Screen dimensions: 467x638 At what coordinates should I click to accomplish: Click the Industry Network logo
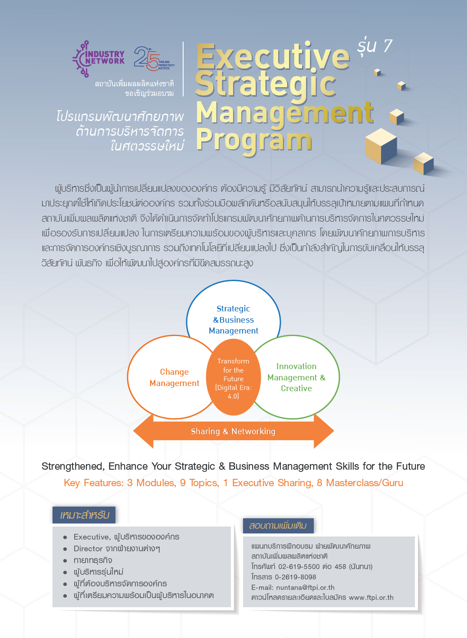[x=99, y=59]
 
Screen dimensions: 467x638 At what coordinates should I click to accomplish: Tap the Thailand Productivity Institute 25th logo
[x=154, y=59]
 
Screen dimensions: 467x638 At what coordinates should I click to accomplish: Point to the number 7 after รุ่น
[x=388, y=46]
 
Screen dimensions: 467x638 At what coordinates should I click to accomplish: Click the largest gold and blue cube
[x=381, y=146]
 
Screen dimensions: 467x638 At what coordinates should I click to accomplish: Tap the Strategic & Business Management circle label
[x=233, y=320]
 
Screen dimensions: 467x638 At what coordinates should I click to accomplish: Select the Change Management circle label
[x=174, y=377]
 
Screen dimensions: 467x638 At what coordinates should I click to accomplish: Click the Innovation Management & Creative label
[x=296, y=377]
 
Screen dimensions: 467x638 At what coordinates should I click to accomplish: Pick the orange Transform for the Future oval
[x=233, y=377]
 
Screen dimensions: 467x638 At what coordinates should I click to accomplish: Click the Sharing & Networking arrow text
[x=233, y=431]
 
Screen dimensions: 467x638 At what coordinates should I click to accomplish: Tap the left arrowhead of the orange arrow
[x=143, y=431]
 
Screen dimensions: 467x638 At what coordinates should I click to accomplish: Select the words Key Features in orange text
[x=94, y=483]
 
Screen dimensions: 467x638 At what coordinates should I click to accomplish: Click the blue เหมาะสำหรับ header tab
[x=84, y=515]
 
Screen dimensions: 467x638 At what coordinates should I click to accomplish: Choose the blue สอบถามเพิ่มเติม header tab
[x=278, y=526]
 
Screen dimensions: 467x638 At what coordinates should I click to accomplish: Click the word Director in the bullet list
[x=88, y=549]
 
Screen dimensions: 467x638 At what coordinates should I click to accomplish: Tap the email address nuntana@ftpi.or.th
[x=305, y=587]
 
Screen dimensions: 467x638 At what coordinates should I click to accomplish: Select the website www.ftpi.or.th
[x=371, y=597]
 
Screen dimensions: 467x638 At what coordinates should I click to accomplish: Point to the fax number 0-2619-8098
[x=296, y=577]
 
